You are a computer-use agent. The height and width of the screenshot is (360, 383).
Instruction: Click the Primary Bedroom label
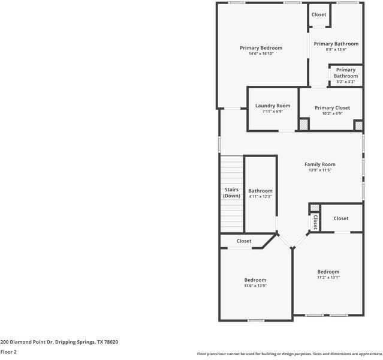coord(261,48)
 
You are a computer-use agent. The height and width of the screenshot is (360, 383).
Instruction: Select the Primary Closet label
coord(332,108)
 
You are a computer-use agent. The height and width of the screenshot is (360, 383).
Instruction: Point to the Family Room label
coord(319,164)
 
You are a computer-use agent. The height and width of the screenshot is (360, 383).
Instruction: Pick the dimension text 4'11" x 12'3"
coord(260,197)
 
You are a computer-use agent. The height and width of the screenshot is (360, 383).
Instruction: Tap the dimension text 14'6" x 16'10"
coord(261,54)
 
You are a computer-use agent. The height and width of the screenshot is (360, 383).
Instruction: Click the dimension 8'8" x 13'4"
coord(336,50)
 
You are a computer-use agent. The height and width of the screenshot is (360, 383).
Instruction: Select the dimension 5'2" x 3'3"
coord(345,82)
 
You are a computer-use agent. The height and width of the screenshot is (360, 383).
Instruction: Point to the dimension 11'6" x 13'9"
coord(255,286)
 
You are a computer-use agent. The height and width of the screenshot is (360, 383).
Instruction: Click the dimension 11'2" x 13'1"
coord(328,278)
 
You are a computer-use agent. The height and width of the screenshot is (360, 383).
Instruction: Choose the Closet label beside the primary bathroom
coord(318,14)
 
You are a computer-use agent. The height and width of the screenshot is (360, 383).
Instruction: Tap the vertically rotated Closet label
coord(314,223)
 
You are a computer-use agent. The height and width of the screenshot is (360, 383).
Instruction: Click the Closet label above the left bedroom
coord(244,241)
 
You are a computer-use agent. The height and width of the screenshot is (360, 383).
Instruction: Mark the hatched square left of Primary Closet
coord(304,125)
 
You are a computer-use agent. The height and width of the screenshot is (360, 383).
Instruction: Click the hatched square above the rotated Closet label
coord(314,208)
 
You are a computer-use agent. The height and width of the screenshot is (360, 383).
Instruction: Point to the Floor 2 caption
coord(8,352)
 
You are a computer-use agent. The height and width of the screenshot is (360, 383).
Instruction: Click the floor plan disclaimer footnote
coord(289,354)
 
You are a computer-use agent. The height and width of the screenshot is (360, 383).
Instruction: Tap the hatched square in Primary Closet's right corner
coord(358,125)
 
